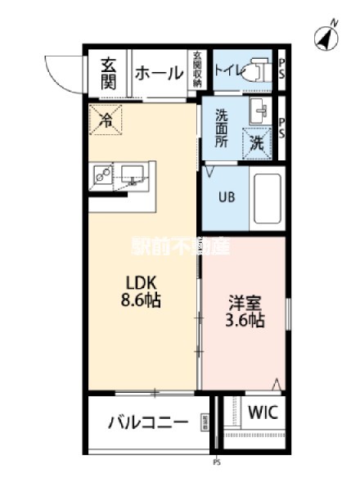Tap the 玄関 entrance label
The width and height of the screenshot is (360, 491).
(x=108, y=72)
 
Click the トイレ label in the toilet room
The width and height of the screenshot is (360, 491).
(x=227, y=70)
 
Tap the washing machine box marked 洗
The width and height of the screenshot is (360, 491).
(x=257, y=142)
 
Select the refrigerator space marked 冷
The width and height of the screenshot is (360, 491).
(x=106, y=121)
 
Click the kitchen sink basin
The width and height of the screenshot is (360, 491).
(x=132, y=173)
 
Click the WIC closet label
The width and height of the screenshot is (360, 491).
(x=263, y=412)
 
